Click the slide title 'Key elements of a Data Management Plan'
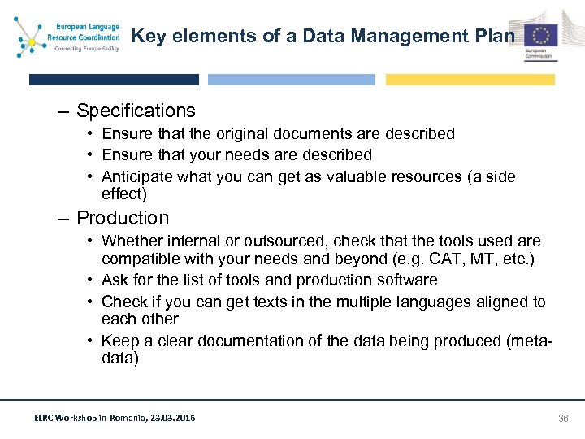point(323,36)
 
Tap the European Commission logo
point(540,38)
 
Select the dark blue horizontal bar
point(114,80)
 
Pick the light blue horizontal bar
point(292,80)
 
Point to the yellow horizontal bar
point(470,80)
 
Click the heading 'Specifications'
point(136,111)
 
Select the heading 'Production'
point(123,218)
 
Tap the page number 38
point(563,419)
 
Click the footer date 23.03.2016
point(174,419)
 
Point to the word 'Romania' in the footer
point(122,419)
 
